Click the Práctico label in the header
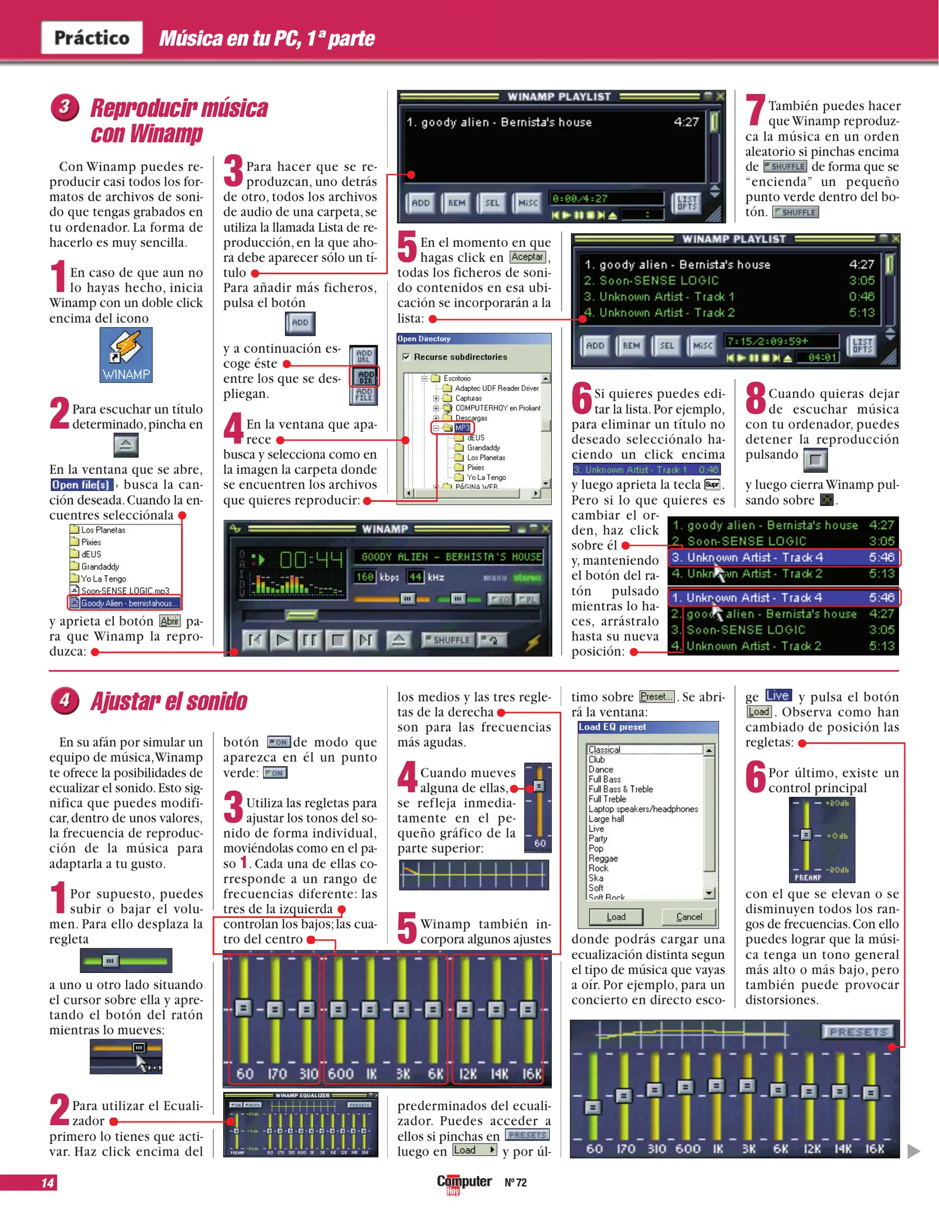pyautogui.click(x=92, y=38)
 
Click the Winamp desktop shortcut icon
pyautogui.click(x=126, y=355)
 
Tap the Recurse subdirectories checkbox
pyautogui.click(x=406, y=357)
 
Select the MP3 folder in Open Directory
pyautogui.click(x=462, y=428)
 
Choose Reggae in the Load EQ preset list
pyautogui.click(x=603, y=858)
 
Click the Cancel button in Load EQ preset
pyautogui.click(x=689, y=917)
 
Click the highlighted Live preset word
pyautogui.click(x=778, y=696)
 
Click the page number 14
pyautogui.click(x=48, y=1183)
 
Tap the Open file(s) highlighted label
pyautogui.click(x=81, y=484)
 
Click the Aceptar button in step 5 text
pyautogui.click(x=528, y=257)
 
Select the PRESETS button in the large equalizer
pyautogui.click(x=859, y=1032)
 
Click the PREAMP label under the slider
pyautogui.click(x=808, y=877)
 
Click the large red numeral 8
pyautogui.click(x=755, y=398)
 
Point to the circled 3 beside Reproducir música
pyautogui.click(x=65, y=107)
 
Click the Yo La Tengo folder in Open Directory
pyautogui.click(x=486, y=477)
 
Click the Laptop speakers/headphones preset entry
pyautogui.click(x=643, y=809)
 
